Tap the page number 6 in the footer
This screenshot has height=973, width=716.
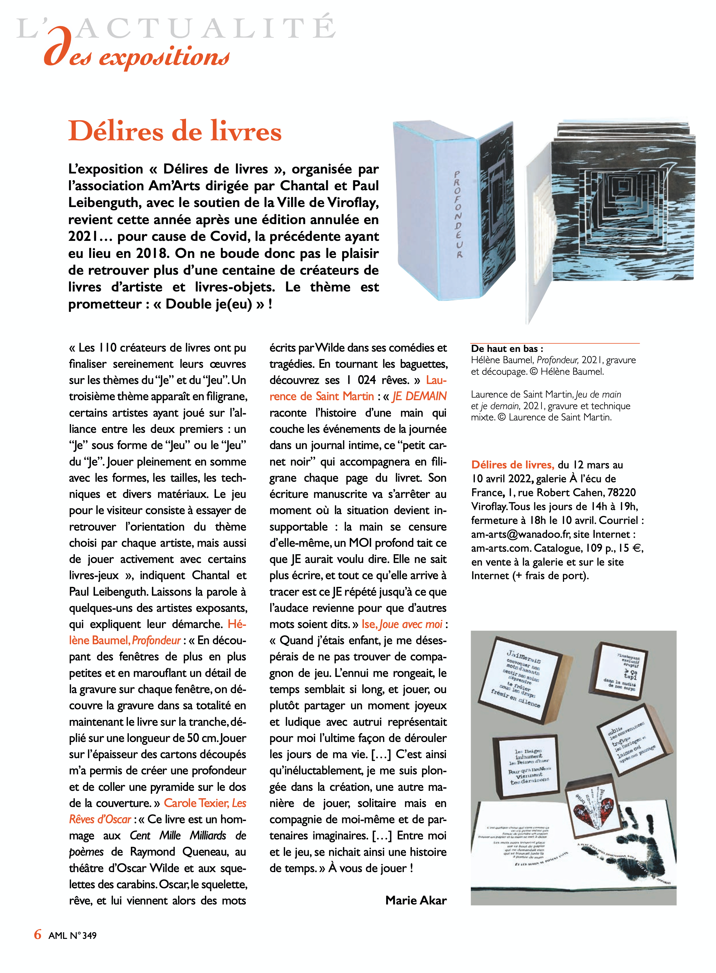tap(38, 934)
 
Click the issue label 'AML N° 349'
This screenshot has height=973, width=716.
tap(72, 935)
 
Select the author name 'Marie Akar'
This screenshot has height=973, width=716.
tap(416, 900)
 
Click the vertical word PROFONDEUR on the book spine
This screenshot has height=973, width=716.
tap(458, 214)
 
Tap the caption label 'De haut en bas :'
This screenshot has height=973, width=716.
tap(507, 349)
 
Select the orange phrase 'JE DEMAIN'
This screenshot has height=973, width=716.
tap(419, 396)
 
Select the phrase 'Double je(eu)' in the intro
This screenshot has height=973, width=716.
tap(209, 304)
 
